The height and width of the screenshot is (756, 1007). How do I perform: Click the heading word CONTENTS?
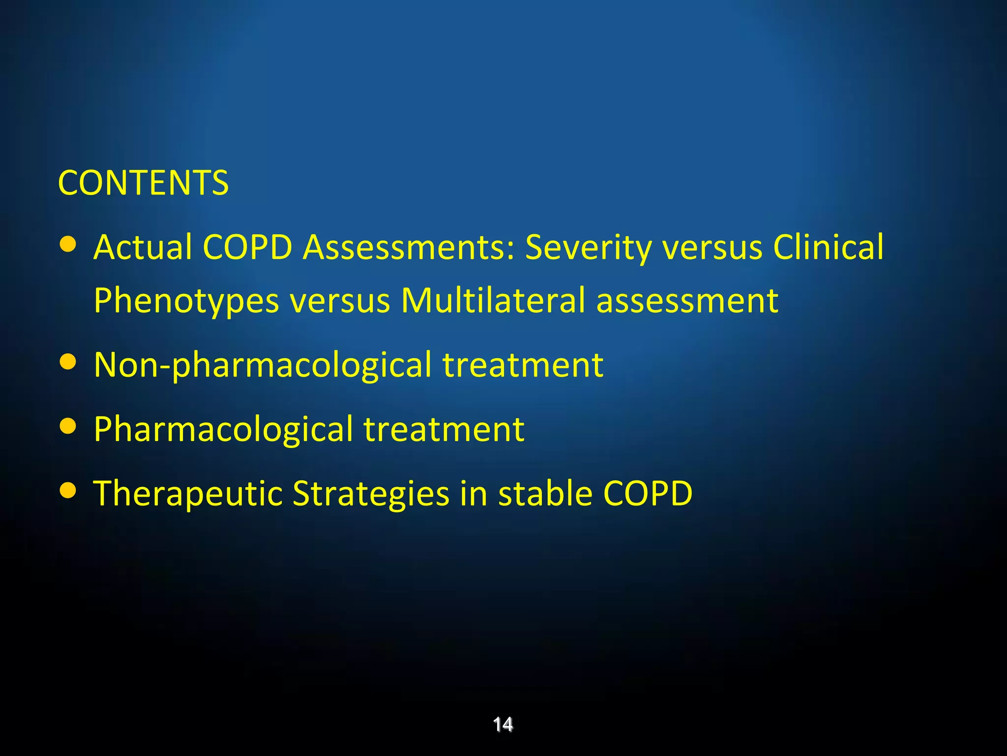[143, 183]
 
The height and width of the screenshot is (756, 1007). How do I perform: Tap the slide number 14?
[503, 724]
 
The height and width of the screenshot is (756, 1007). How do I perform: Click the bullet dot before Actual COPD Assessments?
[68, 245]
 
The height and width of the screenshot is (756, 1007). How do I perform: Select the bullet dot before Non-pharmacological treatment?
[68, 362]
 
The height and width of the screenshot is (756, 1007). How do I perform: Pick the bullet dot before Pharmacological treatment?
[68, 427]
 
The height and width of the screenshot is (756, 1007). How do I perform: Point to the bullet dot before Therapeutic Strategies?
[68, 491]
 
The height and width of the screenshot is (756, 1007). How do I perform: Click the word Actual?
[143, 247]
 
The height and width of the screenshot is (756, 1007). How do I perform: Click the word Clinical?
[828, 247]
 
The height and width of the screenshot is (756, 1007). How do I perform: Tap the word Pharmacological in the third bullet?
[223, 430]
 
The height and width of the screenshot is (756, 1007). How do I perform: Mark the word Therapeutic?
[188, 494]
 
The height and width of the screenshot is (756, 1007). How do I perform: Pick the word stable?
[545, 493]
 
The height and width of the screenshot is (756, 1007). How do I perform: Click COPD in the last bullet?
[648, 493]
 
